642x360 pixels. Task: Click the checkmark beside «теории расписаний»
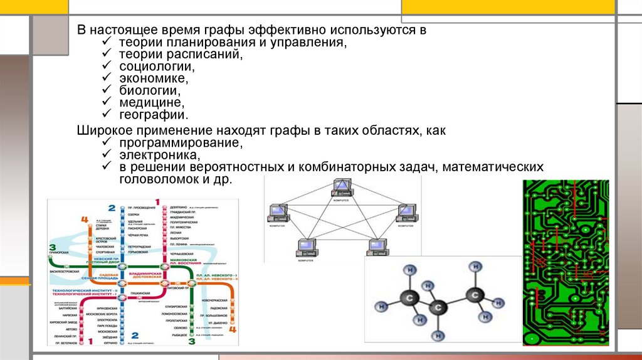106,55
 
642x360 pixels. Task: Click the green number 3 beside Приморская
52,247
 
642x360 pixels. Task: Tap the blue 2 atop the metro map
111,208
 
